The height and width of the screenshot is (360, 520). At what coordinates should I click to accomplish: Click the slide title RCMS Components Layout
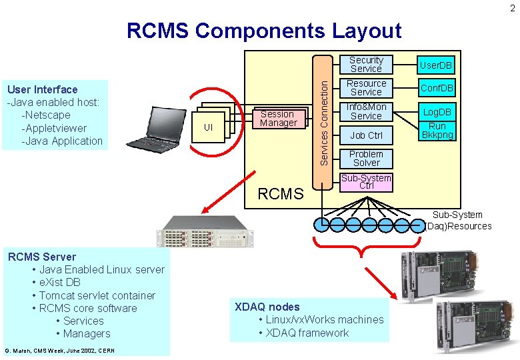coord(264,31)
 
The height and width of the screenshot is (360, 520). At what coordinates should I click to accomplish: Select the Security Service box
coord(366,65)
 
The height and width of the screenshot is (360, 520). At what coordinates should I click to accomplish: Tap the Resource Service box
coord(366,88)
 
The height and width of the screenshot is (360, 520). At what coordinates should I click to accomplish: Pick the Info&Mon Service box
coord(366,111)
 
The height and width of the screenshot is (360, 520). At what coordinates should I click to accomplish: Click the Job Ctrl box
coord(366,135)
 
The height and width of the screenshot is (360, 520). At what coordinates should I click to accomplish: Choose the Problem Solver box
coord(366,158)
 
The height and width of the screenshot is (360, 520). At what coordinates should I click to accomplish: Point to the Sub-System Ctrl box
coord(366,181)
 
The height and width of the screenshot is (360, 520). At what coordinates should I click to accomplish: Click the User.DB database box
coord(437,65)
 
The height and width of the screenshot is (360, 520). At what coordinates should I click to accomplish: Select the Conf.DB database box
coord(437,88)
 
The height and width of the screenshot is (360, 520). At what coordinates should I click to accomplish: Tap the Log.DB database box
coord(437,112)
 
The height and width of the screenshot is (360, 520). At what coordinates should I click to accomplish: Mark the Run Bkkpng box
coord(437,131)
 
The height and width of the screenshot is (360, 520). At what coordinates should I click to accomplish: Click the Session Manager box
coord(278,119)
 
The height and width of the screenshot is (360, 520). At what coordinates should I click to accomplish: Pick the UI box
coord(208,127)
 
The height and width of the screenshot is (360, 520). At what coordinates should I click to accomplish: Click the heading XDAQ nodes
coord(267,307)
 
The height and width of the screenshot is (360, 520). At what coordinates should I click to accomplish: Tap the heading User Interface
coord(42,89)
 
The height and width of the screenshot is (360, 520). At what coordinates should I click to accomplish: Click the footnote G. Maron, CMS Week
coord(59,351)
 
